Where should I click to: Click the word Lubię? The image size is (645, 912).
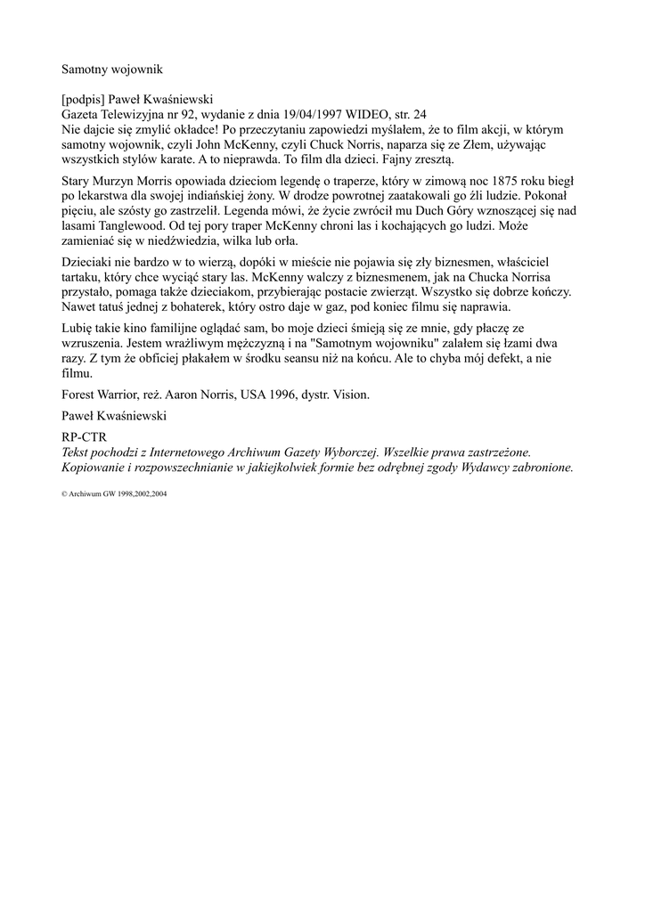point(78,327)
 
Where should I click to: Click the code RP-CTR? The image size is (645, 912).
point(83,437)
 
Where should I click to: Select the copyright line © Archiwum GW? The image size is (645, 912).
point(114,493)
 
